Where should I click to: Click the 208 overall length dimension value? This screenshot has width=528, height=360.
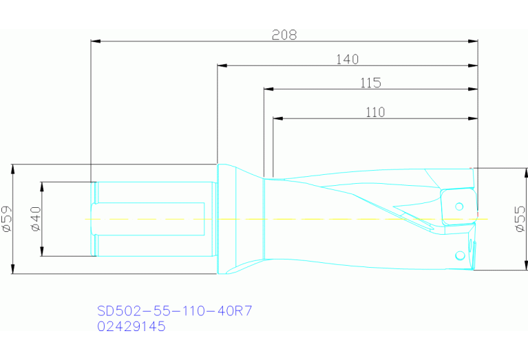[284, 35]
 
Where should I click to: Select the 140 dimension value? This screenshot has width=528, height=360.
[348, 60]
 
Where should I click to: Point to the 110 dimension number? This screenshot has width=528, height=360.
[375, 112]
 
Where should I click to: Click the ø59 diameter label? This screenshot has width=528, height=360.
[7, 218]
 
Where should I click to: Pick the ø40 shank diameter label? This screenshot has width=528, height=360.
[36, 218]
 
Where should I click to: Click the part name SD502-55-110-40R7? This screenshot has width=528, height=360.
[174, 311]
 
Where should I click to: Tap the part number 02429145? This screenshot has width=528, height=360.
[131, 327]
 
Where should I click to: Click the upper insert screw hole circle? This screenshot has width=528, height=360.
[459, 206]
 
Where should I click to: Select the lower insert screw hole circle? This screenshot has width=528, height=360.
[460, 256]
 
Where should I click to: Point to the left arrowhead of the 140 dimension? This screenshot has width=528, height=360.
[222, 66]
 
